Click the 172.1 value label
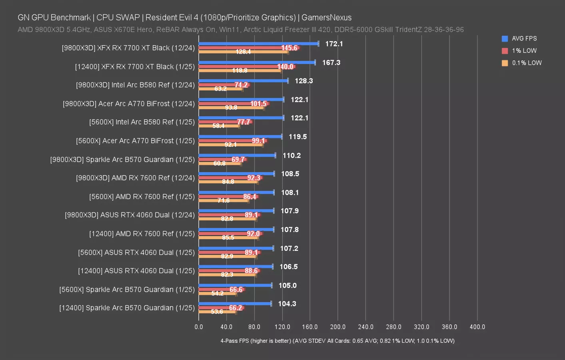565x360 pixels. [x=334, y=44]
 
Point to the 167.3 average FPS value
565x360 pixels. [x=331, y=63]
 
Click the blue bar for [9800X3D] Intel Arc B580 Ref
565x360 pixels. [x=243, y=81]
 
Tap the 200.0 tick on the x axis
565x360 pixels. [x=338, y=327]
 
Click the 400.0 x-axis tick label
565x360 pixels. [x=477, y=327]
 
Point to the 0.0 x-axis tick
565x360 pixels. [x=199, y=327]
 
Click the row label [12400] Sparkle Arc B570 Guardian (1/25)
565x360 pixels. [x=127, y=308]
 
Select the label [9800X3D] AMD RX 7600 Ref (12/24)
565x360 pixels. [x=135, y=178]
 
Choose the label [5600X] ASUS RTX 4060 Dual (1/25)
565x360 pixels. [x=136, y=252]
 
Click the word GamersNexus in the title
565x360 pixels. [x=326, y=18]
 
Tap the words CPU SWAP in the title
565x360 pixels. [x=118, y=18]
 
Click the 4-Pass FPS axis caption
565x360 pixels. [x=337, y=341]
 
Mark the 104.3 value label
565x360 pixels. [x=287, y=304]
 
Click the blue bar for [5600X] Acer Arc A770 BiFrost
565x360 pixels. [x=240, y=137]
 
